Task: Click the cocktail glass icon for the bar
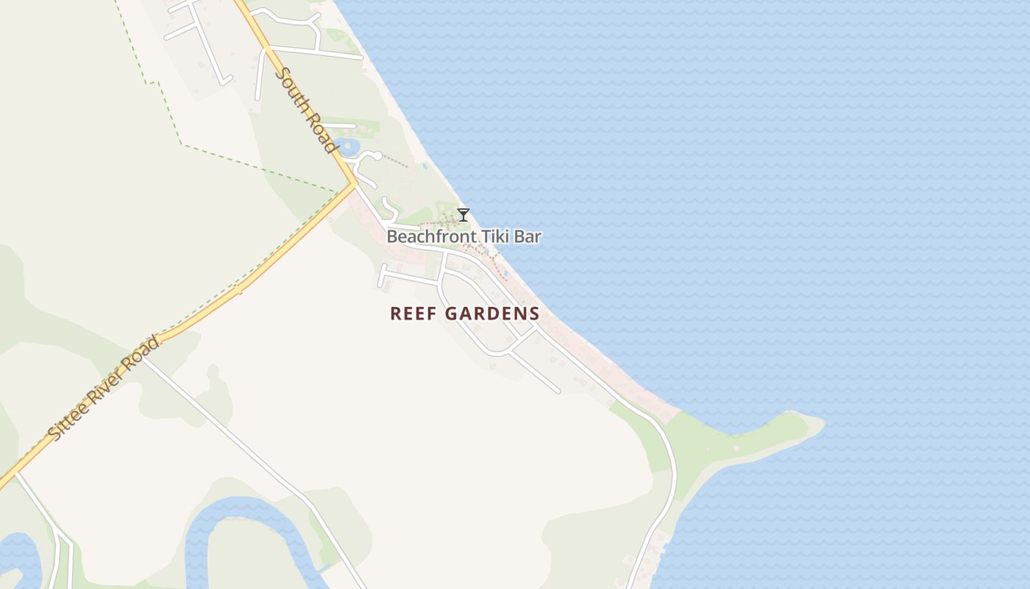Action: [464, 215]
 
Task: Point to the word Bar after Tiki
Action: [530, 237]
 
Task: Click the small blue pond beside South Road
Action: [347, 146]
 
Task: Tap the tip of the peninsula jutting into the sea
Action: [823, 423]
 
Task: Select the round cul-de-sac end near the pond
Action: [377, 155]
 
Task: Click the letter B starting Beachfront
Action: [392, 237]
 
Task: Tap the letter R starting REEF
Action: [395, 314]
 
